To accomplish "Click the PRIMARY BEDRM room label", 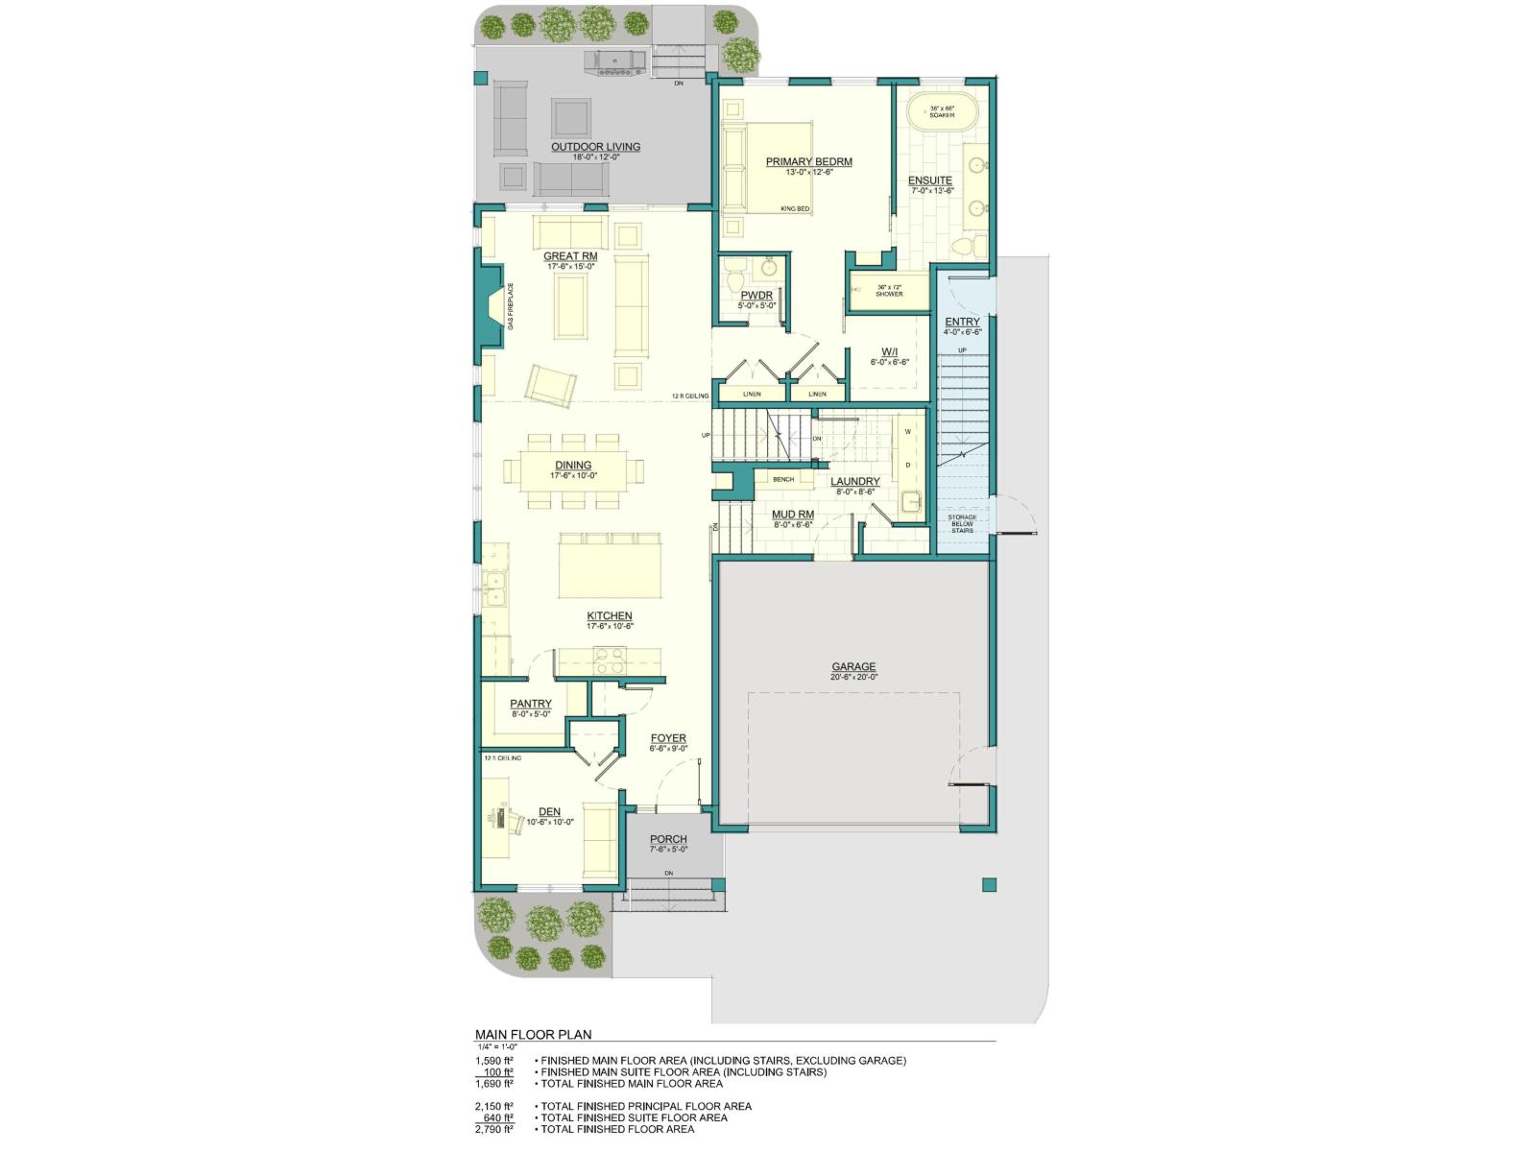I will [x=808, y=161].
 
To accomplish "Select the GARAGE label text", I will [x=853, y=666].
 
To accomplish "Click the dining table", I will [x=573, y=470].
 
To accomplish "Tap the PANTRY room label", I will [x=531, y=704].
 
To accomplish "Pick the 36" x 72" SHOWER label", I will [x=889, y=290].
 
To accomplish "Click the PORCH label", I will [x=668, y=839].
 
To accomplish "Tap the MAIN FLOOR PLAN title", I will [x=534, y=1034].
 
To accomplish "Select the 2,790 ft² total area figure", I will [x=494, y=1129].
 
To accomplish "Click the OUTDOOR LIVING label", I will [x=595, y=147].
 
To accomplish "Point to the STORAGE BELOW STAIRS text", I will [x=962, y=523].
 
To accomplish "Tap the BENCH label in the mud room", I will [x=783, y=479].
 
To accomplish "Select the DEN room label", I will [x=549, y=811].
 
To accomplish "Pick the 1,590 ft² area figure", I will [x=494, y=1061].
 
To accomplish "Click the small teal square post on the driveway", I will [x=989, y=884].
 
